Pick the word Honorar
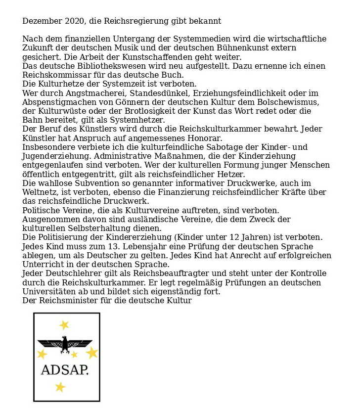pyautogui.click(x=203, y=138)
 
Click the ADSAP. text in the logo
pyautogui.click(x=65, y=370)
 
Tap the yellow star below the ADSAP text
pyautogui.click(x=60, y=387)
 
